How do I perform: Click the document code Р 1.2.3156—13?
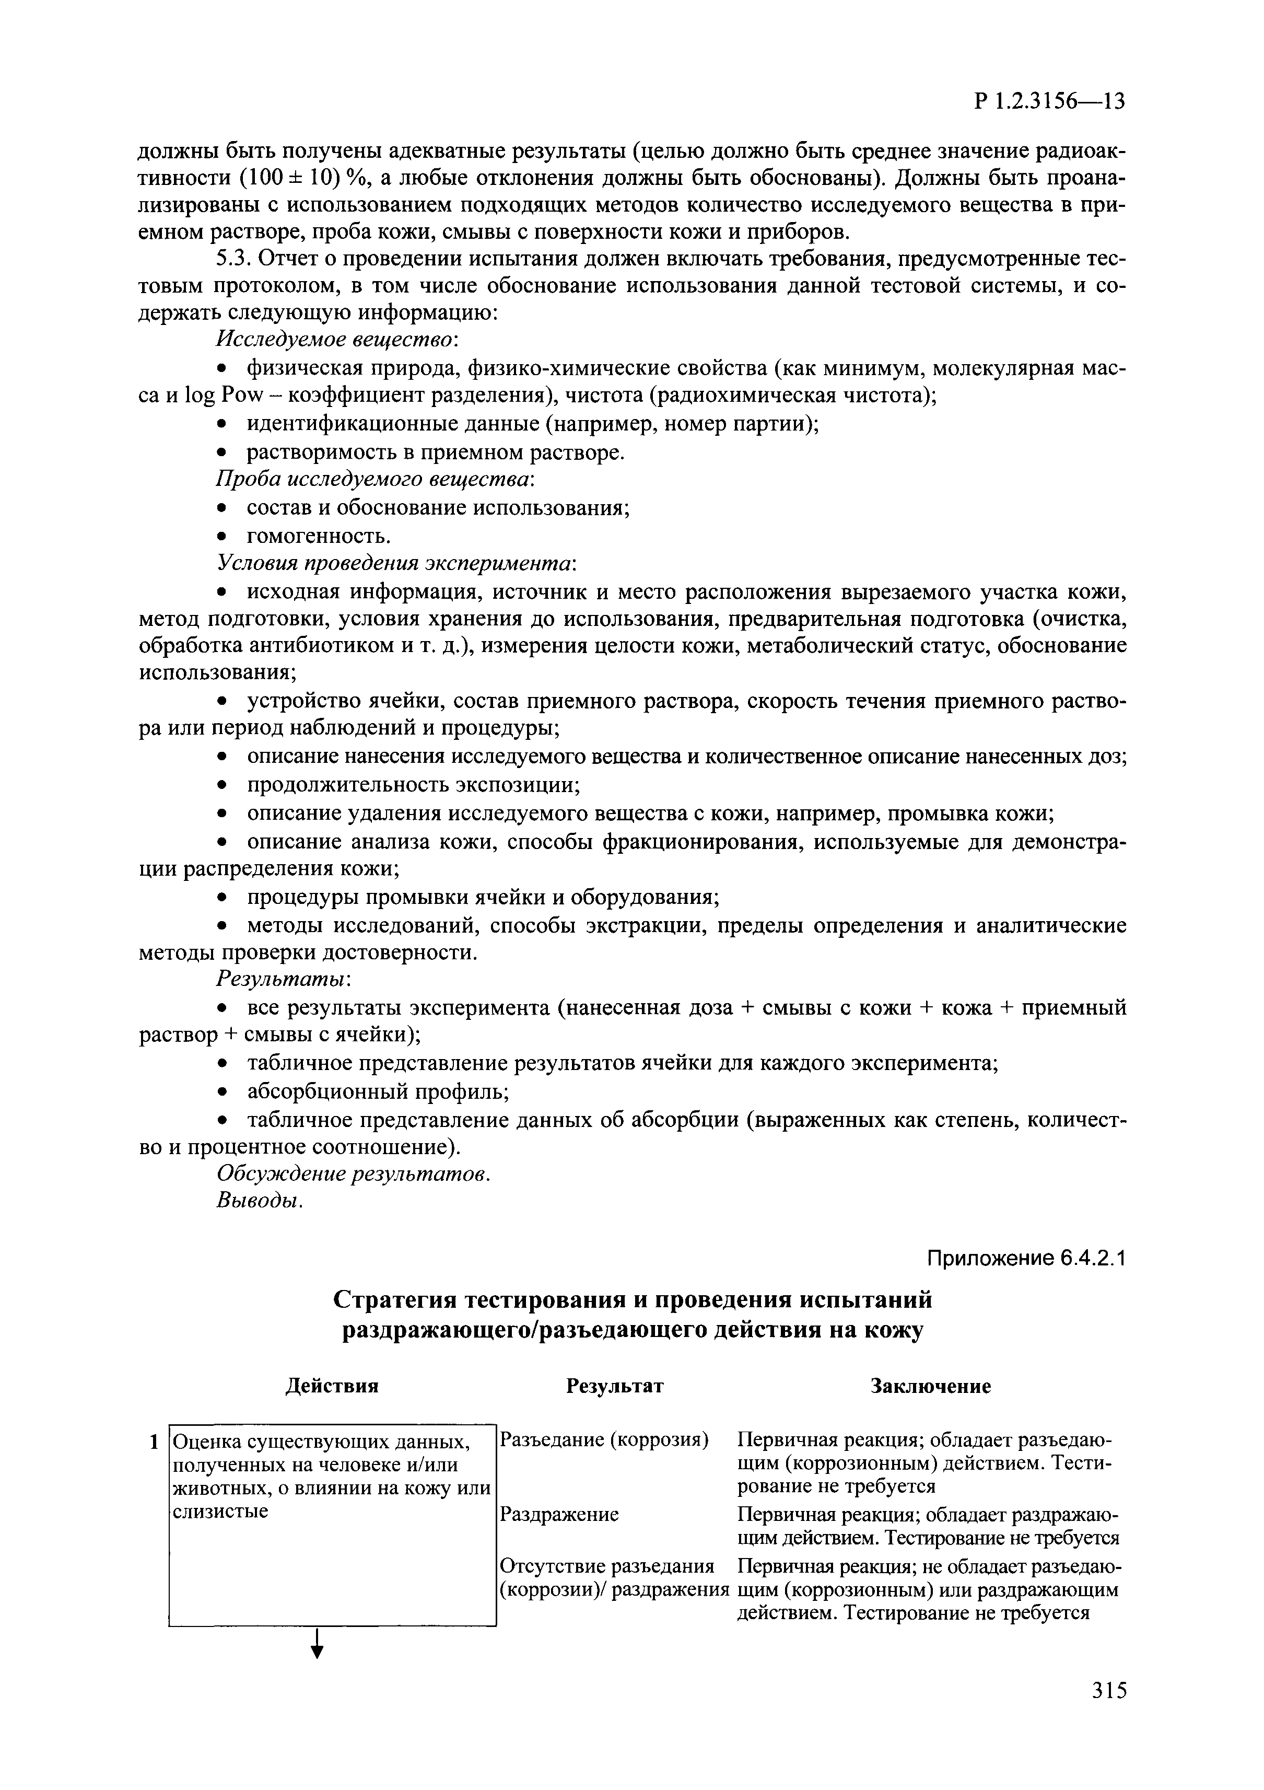tap(1049, 102)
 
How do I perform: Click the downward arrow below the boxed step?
tap(317, 1665)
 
